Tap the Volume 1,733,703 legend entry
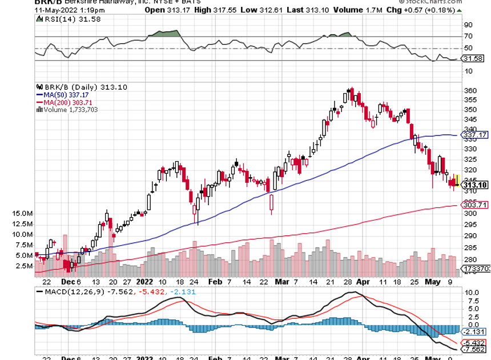point(67,110)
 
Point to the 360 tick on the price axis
point(470,91)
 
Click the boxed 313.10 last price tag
point(475,185)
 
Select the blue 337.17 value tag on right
point(475,135)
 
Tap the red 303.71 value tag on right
point(475,205)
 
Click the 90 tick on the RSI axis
point(468,25)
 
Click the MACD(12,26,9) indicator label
point(69,291)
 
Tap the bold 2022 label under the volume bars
point(144,282)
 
